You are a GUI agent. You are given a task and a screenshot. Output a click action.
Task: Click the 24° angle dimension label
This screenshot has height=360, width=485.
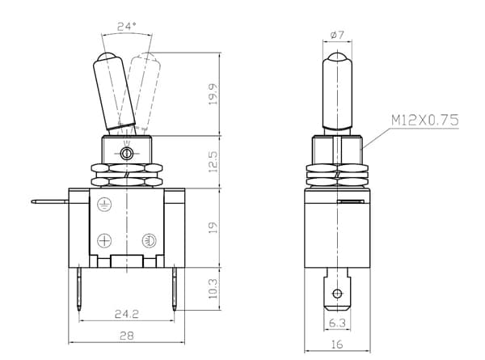127,27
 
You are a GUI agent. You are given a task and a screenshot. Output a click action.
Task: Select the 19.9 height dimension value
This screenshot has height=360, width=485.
213,95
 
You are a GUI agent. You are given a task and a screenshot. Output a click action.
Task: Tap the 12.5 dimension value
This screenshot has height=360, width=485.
213,162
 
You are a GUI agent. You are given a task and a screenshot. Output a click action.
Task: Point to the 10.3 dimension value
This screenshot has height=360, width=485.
213,289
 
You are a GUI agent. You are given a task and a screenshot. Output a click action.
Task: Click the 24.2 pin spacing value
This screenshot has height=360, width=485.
127,314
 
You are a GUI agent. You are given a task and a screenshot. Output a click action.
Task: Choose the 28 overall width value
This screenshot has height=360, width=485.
127,336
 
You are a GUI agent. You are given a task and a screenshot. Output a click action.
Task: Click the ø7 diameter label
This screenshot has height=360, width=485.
337,35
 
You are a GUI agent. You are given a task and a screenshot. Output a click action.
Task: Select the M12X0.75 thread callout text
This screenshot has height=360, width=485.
425,120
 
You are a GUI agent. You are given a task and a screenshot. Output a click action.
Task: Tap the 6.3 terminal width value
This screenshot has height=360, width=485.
337,323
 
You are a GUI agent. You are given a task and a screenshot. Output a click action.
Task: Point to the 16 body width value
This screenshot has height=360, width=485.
337,344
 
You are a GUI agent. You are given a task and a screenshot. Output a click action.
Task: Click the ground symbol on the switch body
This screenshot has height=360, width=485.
104,205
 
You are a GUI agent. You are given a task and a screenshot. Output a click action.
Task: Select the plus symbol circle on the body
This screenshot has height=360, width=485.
104,240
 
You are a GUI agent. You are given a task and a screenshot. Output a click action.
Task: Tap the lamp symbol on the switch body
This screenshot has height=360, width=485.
149,240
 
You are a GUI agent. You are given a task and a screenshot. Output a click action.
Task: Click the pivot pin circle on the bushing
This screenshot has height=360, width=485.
127,153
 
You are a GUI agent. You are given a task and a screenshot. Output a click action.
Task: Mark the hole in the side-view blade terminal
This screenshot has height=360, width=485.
337,293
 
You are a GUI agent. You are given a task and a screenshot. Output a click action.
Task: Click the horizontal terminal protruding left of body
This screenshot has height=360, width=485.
50,201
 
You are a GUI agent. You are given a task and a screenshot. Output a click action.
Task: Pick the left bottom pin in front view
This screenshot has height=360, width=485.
79,289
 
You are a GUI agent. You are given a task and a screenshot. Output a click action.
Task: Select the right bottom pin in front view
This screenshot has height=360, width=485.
175,289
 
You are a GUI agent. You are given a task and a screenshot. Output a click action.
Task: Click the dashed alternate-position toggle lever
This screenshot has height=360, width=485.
145,92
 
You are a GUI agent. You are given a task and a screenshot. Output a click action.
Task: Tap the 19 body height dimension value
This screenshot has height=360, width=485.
213,227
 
